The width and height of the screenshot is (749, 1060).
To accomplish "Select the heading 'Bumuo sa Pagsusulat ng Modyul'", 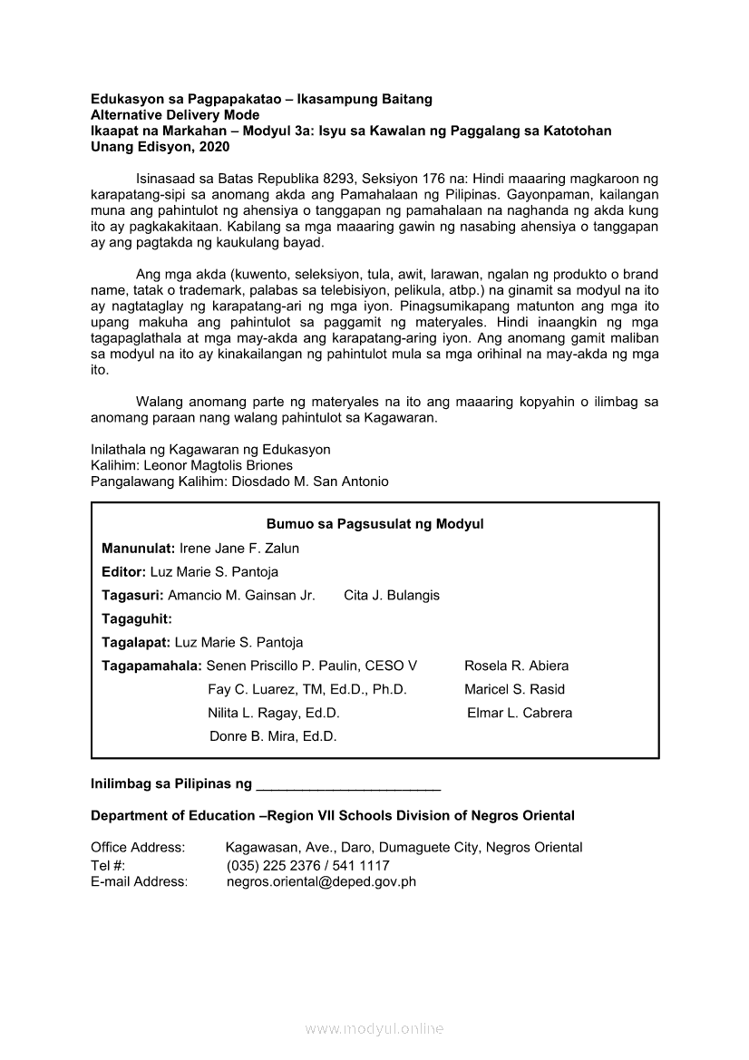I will (374, 524).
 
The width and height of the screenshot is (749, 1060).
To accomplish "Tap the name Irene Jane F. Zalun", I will (239, 548).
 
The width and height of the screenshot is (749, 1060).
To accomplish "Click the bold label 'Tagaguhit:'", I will (137, 618).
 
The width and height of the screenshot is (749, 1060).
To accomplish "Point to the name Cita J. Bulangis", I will (392, 595).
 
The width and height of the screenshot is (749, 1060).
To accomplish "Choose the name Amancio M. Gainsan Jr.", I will (241, 595).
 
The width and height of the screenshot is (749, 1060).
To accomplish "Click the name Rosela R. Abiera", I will (517, 666).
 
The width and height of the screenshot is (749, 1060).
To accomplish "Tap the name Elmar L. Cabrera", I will (520, 713).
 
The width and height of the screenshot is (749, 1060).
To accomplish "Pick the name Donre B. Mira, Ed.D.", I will (273, 736).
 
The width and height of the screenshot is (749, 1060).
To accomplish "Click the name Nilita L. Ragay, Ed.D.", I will (274, 713).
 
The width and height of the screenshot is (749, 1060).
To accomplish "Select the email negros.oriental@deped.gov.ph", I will (321, 880).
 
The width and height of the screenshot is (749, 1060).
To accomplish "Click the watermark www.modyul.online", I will (374, 1028).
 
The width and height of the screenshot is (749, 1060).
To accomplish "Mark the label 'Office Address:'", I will (138, 847).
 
